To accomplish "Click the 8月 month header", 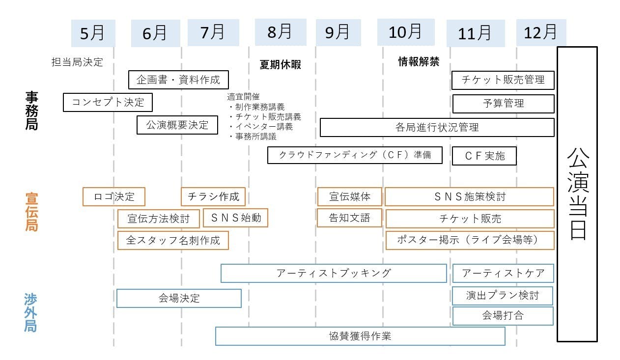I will (280, 32).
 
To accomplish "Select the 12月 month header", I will (541, 32).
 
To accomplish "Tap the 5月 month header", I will (93, 33).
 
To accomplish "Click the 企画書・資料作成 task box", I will (178, 80).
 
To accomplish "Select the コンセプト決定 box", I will (108, 103).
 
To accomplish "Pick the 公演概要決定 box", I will (177, 125).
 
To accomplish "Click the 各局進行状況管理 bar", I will (437, 128).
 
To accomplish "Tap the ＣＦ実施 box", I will (484, 156).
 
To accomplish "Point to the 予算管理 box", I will (503, 104).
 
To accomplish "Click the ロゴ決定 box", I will (114, 197).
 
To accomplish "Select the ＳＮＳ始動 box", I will (235, 218).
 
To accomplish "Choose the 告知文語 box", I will (349, 218).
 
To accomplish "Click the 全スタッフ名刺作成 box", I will (173, 240).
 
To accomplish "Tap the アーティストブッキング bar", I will (334, 273).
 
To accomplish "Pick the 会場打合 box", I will (503, 316).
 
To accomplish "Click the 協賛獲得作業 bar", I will (360, 336).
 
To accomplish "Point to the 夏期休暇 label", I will (280, 65).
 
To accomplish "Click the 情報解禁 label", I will (418, 62).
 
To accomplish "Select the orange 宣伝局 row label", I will (31, 212).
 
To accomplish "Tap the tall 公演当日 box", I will (577, 194).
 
